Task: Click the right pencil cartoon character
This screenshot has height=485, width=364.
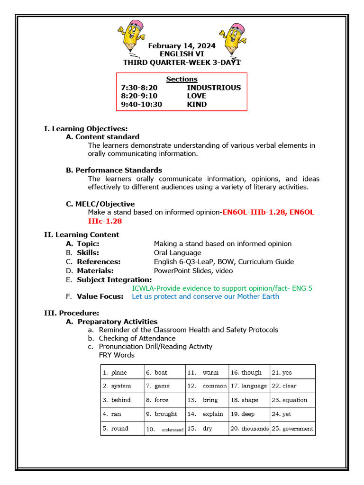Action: coord(232,38)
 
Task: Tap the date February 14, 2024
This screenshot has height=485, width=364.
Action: coord(182,46)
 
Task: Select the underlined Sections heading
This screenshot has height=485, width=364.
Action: coord(182,79)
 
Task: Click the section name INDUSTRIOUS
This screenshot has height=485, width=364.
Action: coord(213,88)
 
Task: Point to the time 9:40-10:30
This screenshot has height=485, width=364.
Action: coord(141,104)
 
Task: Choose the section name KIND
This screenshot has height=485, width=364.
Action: coord(197,104)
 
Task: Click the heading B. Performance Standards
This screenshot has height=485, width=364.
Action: coord(114,170)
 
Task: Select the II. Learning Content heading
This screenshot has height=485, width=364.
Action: coord(82,234)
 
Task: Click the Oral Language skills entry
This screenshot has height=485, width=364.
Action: coord(177,252)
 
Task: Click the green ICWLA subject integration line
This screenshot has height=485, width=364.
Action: coord(222,288)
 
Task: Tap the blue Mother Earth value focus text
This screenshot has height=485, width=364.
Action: coord(205,296)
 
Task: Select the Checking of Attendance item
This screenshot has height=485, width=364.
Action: coord(137,338)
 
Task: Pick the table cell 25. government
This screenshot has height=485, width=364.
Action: coord(292,429)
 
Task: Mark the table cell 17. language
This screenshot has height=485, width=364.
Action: coord(249,386)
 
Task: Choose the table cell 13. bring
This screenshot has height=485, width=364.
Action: coord(207,400)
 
